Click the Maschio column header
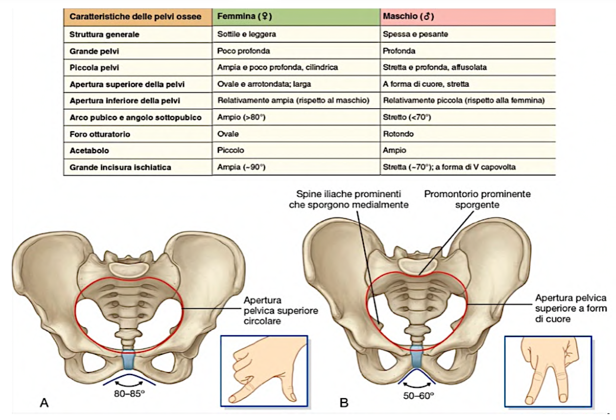click(x=408, y=16)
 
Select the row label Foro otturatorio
click(x=100, y=134)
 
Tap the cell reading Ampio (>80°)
click(x=241, y=117)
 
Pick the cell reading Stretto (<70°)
click(x=407, y=117)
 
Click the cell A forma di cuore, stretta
click(x=426, y=84)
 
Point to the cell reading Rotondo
click(x=398, y=134)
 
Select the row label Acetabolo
click(x=89, y=151)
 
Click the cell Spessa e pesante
click(x=415, y=34)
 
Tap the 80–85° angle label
click(x=129, y=394)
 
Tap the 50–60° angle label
click(x=418, y=396)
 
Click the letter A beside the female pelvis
click(x=44, y=403)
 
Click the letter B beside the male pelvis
click(x=344, y=403)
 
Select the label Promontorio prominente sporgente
click(x=477, y=199)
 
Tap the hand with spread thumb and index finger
click(x=264, y=371)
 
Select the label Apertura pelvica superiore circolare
click(x=280, y=311)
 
